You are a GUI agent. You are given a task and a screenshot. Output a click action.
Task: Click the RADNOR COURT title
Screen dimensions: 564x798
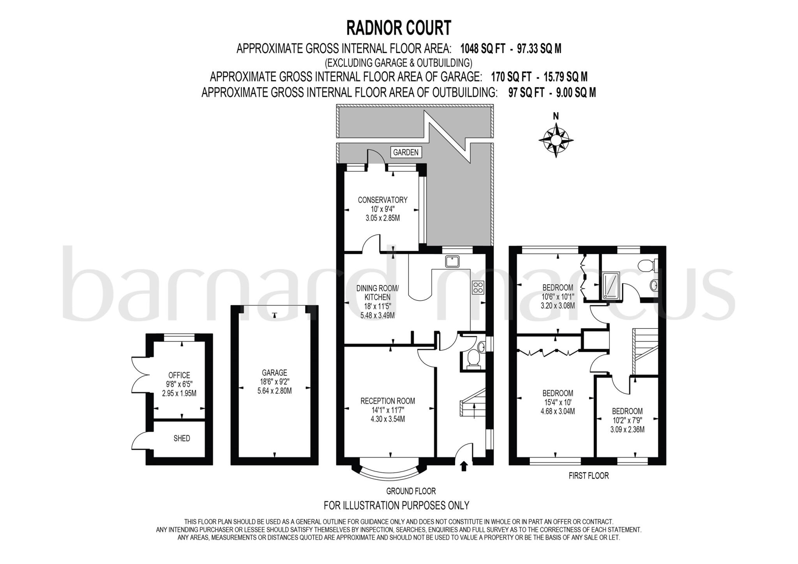coord(399,28)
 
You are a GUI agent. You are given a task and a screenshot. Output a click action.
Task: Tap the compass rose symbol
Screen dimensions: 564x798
coord(556,140)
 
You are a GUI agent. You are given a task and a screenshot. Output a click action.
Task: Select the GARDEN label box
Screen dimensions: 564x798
coord(406,153)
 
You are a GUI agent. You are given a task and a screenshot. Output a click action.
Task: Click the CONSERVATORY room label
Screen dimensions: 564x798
coord(383,200)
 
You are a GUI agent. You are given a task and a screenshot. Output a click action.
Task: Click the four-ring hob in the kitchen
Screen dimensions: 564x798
coord(478,287)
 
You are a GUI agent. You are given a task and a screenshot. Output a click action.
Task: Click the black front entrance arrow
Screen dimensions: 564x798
coord(464,466)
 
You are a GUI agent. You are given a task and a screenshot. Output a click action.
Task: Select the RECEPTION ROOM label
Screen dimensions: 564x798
coord(388,401)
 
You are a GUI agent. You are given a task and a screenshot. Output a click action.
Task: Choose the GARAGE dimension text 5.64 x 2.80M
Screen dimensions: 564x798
coord(274,391)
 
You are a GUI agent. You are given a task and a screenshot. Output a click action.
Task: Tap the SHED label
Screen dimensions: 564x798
coord(182,438)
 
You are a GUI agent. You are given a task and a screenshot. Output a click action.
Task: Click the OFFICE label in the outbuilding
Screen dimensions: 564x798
coord(179,375)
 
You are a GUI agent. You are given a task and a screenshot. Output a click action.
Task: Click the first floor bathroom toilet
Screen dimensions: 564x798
coord(648,265)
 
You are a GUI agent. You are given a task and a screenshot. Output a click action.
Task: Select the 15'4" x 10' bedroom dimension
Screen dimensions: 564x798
coord(558,402)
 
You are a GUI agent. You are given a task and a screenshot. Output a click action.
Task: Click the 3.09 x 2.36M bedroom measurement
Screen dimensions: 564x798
coord(627,430)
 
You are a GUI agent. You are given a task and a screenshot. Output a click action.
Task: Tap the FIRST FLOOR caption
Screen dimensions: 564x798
coord(588,476)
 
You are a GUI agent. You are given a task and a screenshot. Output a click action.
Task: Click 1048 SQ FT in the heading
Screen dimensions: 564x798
coord(483,49)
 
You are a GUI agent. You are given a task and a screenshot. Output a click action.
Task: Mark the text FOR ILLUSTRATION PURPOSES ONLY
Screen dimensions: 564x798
coord(396,505)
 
